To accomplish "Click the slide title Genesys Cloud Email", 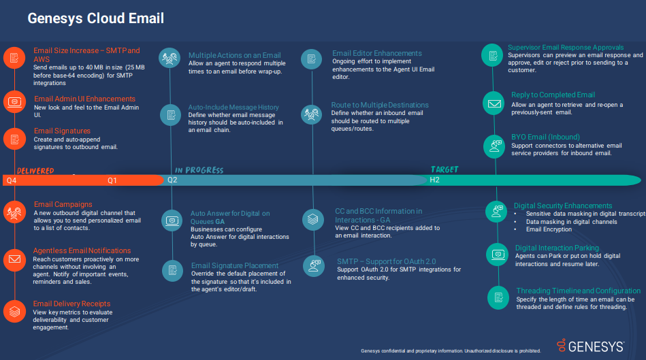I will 95,18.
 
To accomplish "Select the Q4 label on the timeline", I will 11,180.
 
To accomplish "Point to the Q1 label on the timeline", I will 112,180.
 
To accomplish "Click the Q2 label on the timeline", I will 172,180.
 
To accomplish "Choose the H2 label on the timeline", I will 434,180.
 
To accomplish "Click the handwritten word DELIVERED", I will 35,170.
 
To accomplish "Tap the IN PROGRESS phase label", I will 199,170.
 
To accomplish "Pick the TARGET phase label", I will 445,169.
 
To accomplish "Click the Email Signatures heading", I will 62,131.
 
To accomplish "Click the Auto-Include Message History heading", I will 233,108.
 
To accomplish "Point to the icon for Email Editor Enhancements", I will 311,59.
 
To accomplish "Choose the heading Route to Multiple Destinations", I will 380,105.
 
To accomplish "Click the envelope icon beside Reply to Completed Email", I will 493,103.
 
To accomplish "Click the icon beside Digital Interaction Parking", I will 498,255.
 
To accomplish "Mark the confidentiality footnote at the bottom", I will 451,351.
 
